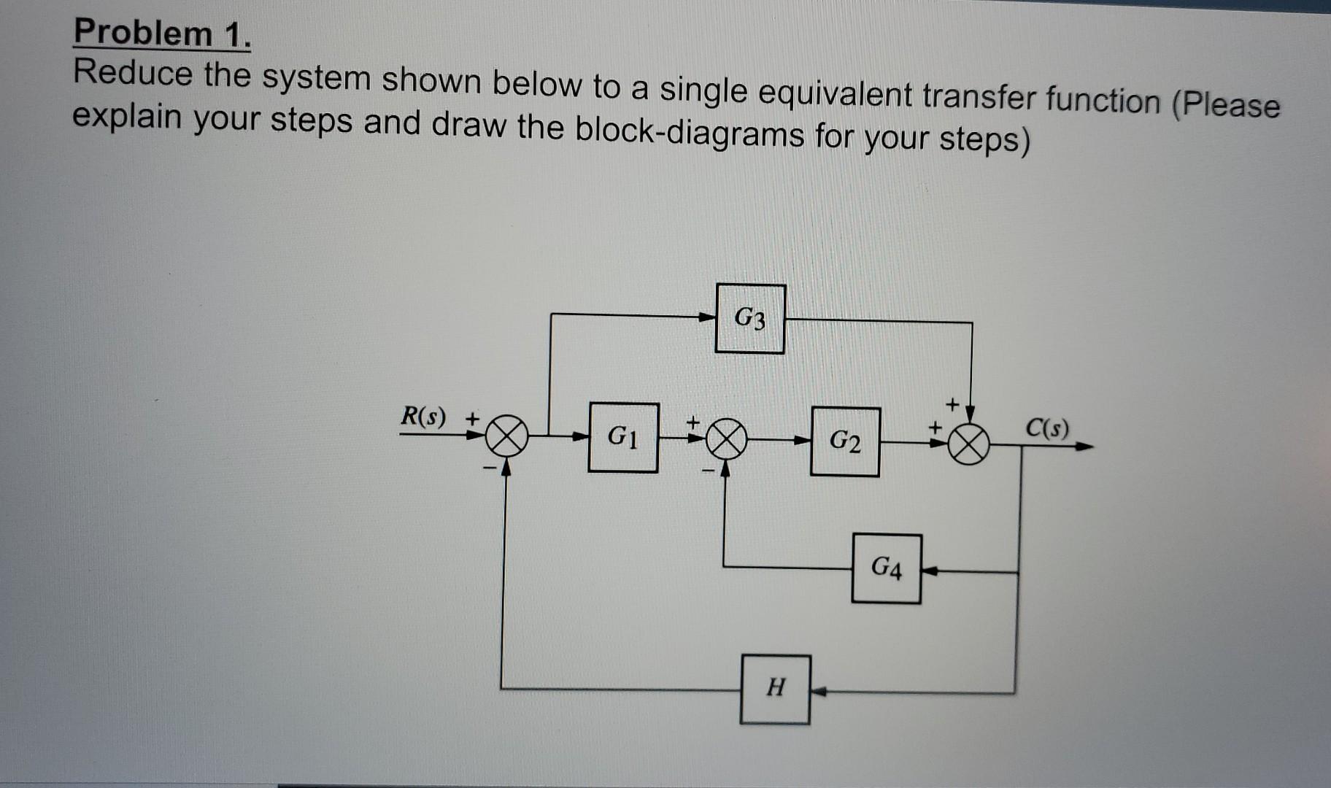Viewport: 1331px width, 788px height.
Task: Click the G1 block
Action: coord(623,437)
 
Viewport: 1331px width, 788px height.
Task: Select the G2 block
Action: coord(845,441)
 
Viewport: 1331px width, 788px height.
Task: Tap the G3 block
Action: coord(750,319)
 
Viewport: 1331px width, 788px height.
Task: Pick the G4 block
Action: coord(886,568)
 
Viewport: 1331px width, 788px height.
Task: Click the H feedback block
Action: coord(775,689)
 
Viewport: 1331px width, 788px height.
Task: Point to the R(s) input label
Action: coord(423,417)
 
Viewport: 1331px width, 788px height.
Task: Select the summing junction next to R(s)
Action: coord(507,436)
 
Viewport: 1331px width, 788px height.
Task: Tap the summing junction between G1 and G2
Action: coord(725,439)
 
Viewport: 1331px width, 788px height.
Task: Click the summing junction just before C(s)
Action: coord(968,444)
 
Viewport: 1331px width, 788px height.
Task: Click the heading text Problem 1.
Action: coord(162,34)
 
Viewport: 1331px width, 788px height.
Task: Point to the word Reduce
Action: coord(134,74)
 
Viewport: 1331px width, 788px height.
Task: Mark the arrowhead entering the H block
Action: coord(819,691)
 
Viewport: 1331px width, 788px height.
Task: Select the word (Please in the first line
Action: coord(1225,104)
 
